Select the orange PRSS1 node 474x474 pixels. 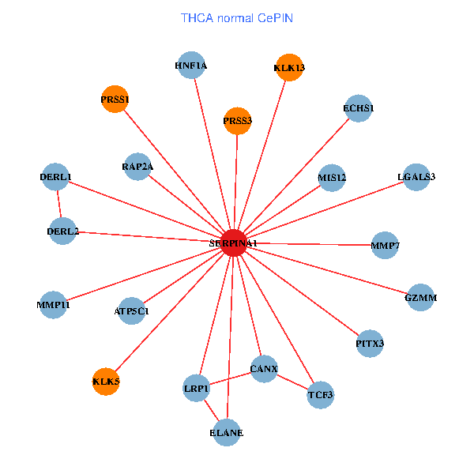[x=115, y=100]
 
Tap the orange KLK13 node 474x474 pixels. [x=289, y=67]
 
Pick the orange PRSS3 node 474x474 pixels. [x=237, y=121]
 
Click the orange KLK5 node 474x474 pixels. [x=106, y=382]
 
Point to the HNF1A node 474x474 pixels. [x=191, y=66]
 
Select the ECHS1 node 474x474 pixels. [x=359, y=107]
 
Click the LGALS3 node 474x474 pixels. [x=416, y=176]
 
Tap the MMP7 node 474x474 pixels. [x=385, y=246]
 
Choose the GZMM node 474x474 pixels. [x=420, y=298]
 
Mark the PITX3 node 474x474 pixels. [x=370, y=344]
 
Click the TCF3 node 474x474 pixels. [x=320, y=394]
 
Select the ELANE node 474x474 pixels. [x=227, y=433]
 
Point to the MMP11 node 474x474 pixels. [x=54, y=304]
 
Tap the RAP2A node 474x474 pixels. [x=137, y=167]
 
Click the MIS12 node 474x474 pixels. [x=332, y=177]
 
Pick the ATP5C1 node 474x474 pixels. [x=131, y=310]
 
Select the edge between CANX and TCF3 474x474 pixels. [x=292, y=382]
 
